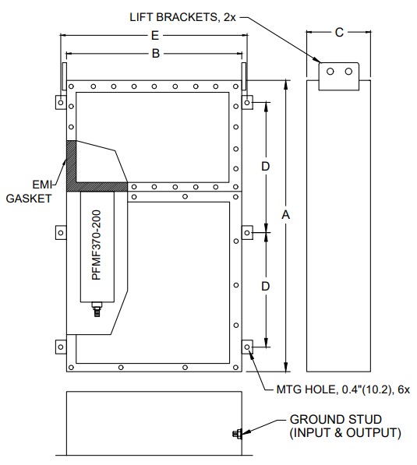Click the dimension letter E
pos(155,36)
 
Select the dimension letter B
pos(156,54)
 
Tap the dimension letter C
pos(339,33)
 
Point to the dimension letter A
pos(285,214)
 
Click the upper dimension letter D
pos(265,167)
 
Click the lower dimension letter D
pos(265,286)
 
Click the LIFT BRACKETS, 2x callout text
pos(183,17)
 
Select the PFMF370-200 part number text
pos(97,245)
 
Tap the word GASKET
pos(29,199)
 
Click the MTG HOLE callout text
pos(343,389)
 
